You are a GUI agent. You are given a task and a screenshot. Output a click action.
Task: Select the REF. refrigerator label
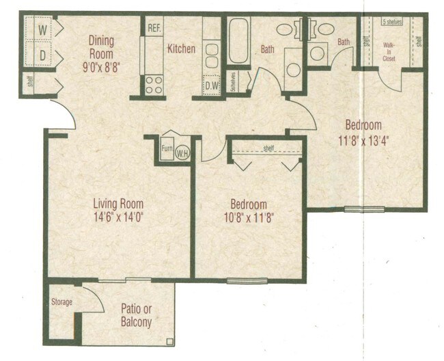pos(154,28)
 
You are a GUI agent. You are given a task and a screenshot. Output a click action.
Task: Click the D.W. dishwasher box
pos(211,86)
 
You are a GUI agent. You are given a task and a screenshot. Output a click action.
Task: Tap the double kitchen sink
pos(211,54)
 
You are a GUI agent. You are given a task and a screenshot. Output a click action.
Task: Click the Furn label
pos(167,147)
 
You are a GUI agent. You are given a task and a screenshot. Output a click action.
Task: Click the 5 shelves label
pos(392,22)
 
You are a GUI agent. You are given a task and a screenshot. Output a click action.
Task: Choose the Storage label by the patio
pos(62,302)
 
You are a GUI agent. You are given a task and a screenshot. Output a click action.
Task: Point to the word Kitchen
pos(182,49)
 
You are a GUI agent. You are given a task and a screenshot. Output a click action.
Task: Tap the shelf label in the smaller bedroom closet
pos(268,148)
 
